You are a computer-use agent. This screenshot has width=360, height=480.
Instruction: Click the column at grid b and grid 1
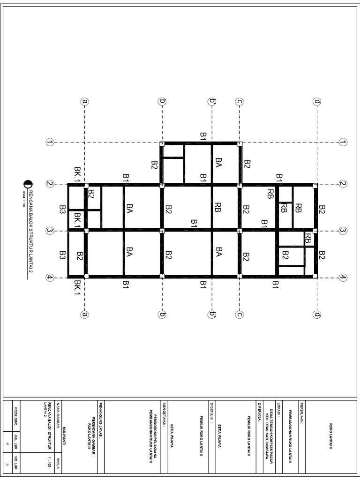[162, 144]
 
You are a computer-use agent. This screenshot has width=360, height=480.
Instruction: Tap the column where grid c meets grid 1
[240, 144]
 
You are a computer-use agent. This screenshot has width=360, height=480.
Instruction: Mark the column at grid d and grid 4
[315, 277]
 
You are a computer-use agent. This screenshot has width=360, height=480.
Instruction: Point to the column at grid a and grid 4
[86, 277]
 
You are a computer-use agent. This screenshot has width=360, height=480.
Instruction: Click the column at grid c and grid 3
[240, 230]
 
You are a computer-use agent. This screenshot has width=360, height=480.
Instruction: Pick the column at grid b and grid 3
[162, 230]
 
